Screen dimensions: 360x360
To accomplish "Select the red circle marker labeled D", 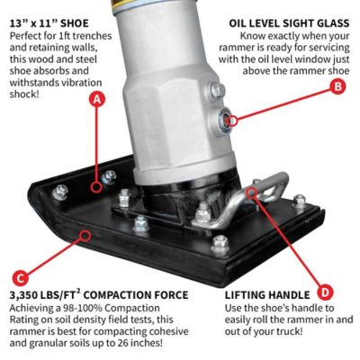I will [325, 292].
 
